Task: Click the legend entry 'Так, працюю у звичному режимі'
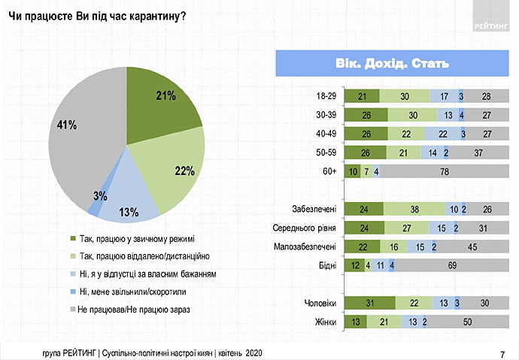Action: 132,239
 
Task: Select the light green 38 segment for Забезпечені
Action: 414,209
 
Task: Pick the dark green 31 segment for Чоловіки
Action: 369,303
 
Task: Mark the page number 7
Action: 502,354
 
